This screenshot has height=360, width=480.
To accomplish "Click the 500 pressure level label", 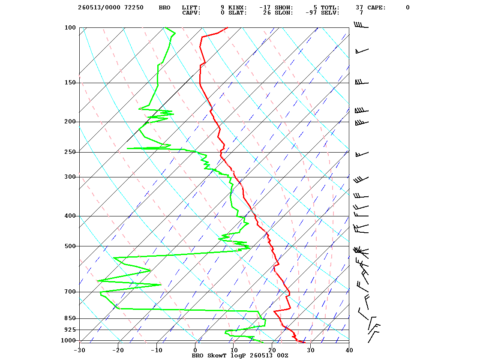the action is coord(70,246).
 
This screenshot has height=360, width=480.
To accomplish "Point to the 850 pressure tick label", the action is coord(70,318).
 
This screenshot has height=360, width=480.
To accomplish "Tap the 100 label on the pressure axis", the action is coord(70,27).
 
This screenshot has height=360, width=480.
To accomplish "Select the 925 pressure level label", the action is coord(70,330).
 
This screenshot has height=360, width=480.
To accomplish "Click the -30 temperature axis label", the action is coord(79,350).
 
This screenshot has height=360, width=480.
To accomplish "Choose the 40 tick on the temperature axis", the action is coord(349,350).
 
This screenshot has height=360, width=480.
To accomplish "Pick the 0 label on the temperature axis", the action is coord(195,350).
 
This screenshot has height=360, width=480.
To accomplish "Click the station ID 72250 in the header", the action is coord(134,7).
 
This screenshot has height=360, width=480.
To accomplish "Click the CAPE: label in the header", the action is coord(377,7).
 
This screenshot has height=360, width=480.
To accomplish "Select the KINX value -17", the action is coord(265,7).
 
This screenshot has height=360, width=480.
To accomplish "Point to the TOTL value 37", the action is coord(359,7).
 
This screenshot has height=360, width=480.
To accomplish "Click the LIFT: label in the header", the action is coord(191,7).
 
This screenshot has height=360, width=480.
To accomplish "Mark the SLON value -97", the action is coord(311,12).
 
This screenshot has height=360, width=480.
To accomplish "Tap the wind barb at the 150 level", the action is coord(362,82).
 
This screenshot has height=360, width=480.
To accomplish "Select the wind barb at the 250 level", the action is coord(362,154).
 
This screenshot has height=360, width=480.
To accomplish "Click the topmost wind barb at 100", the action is coord(361,25).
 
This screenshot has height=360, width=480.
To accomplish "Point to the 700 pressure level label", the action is coord(70,292).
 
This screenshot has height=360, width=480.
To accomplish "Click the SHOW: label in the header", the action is coord(284,7).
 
